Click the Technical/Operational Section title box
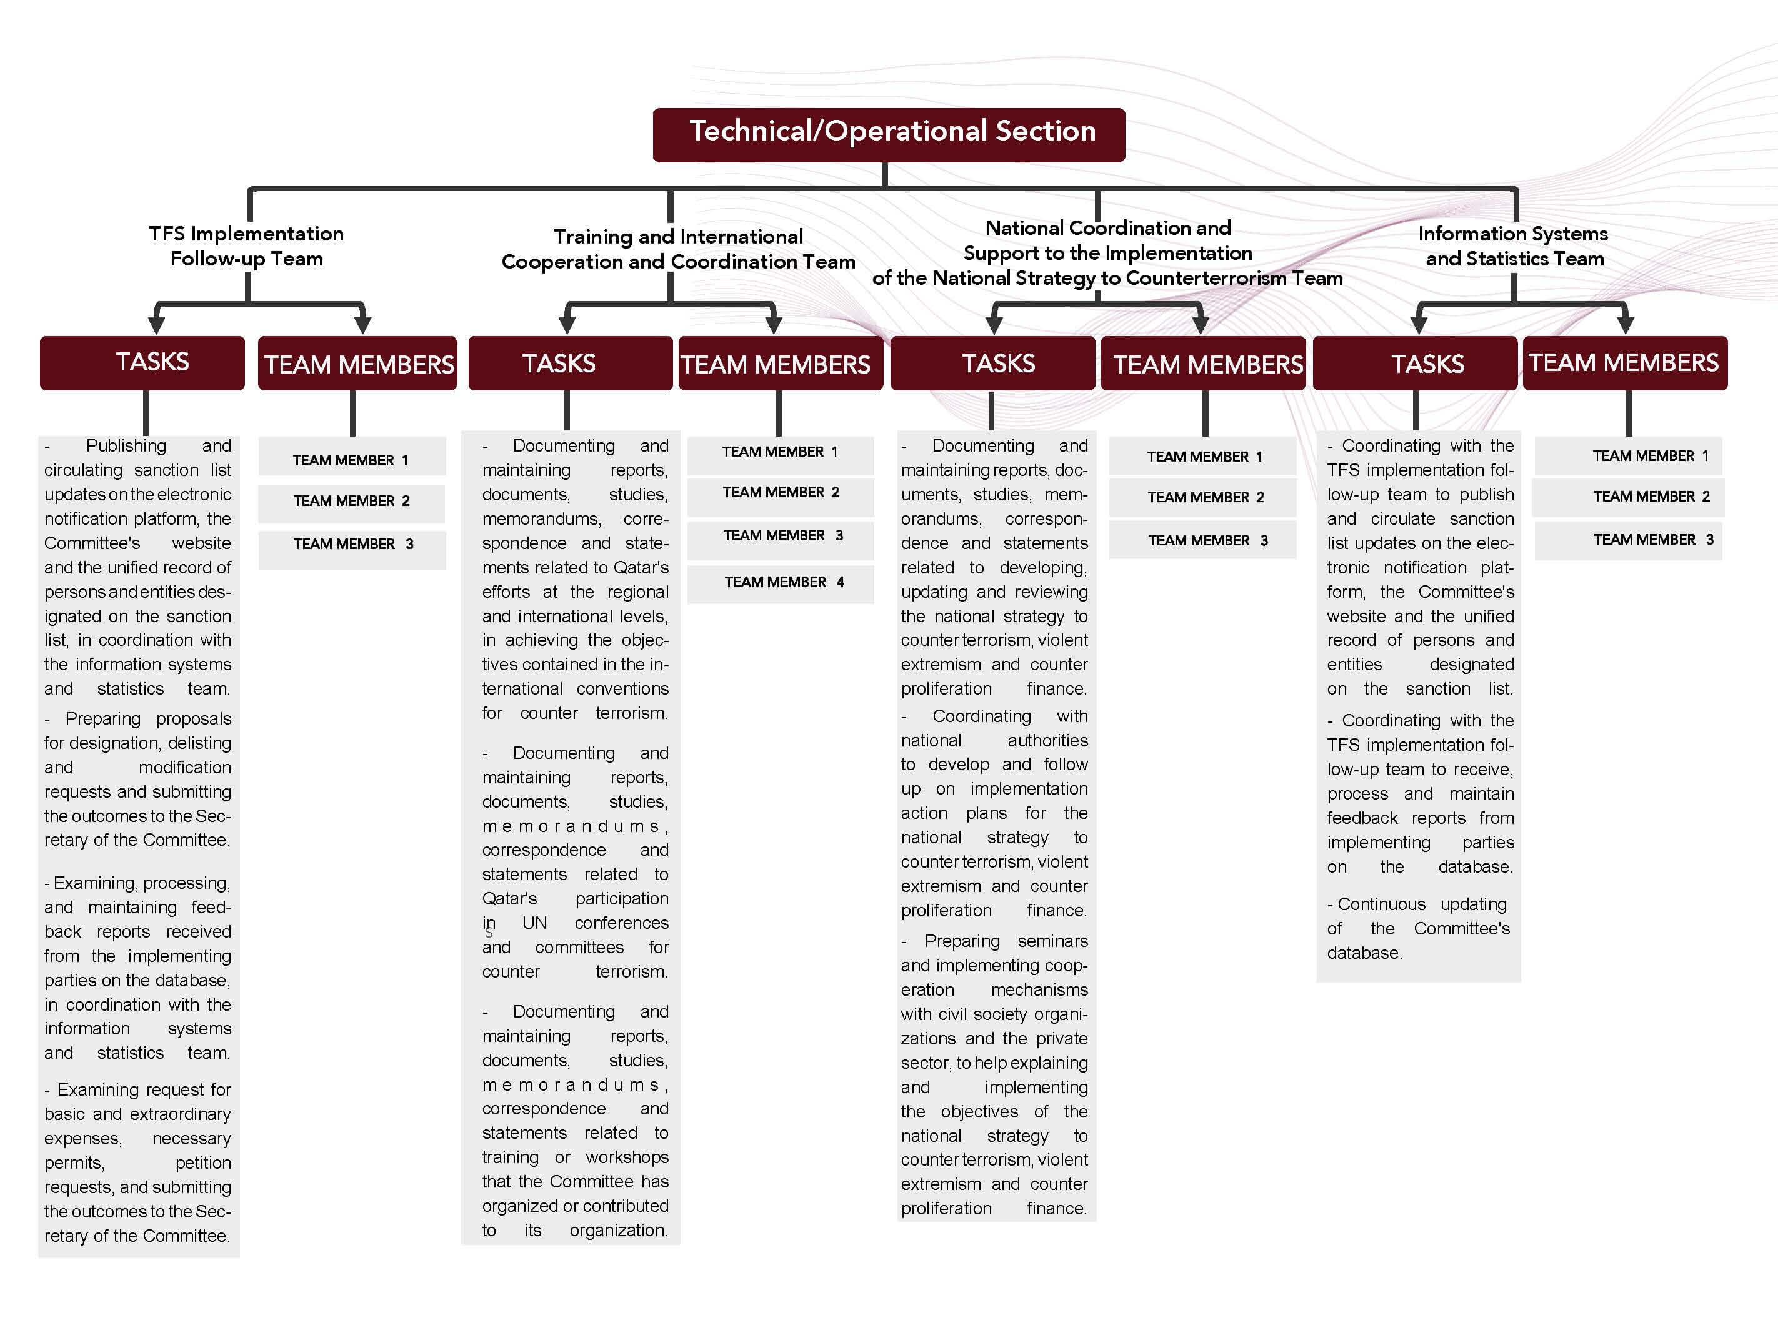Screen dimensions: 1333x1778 pyautogui.click(x=888, y=134)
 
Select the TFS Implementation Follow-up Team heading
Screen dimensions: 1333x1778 pyautogui.click(x=246, y=246)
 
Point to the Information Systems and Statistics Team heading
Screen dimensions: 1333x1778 pyautogui.click(x=1513, y=246)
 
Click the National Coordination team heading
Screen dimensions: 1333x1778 pyautogui.click(x=1107, y=252)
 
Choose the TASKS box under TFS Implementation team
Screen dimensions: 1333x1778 pyautogui.click(x=142, y=362)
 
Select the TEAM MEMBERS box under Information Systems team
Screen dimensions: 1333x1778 pyautogui.click(x=1624, y=362)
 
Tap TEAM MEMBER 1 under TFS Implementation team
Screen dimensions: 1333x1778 pyautogui.click(x=351, y=460)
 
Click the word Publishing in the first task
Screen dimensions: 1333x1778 pyautogui.click(x=126, y=446)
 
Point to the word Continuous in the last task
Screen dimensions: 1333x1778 pyautogui.click(x=1381, y=904)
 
